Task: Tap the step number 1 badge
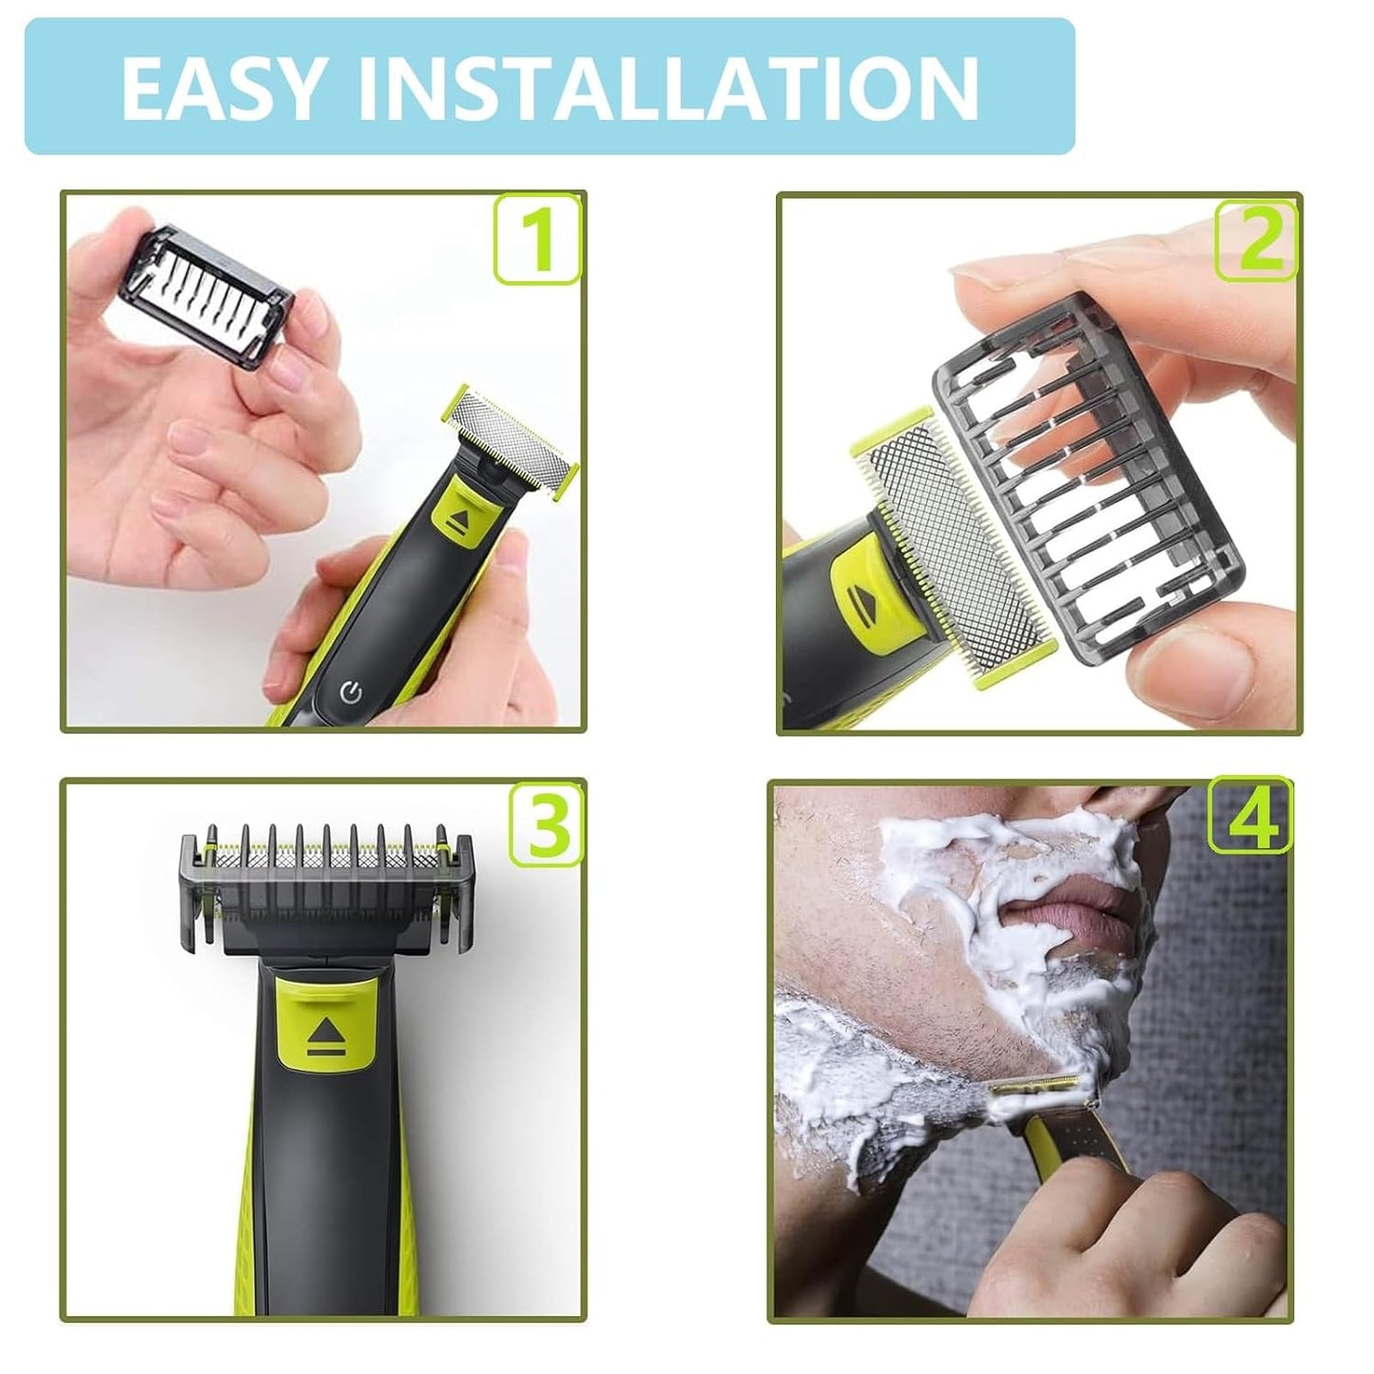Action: pos(537,239)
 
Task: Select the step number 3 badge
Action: pos(545,824)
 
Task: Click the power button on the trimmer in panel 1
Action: pos(351,691)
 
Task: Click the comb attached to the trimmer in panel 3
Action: pos(325,884)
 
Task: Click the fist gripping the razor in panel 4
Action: pos(1141,1227)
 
